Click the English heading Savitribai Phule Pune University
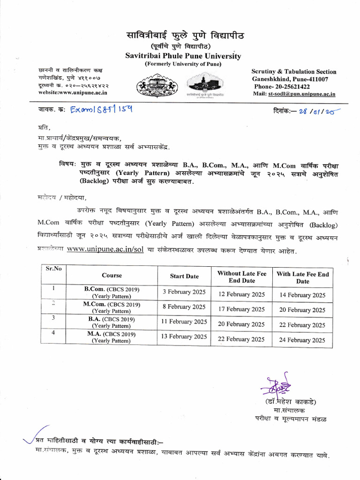click(183, 56)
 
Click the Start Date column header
click(184, 276)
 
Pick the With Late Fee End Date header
click(302, 277)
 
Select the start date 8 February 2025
click(184, 307)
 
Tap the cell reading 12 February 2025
click(241, 295)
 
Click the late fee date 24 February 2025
click(302, 340)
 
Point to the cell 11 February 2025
click(184, 322)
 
